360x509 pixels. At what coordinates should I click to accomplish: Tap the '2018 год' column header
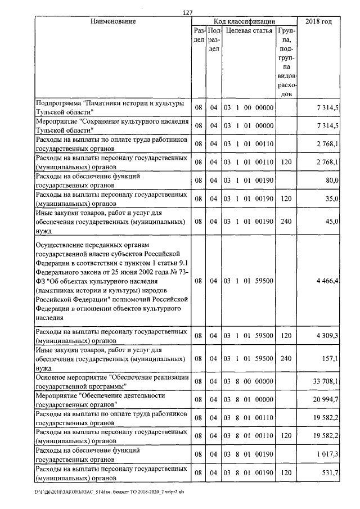tap(318, 21)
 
